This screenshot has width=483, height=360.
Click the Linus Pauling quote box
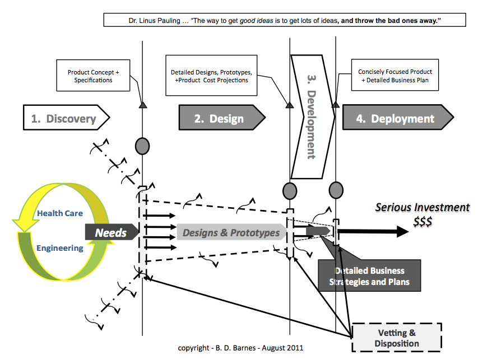tap(277, 21)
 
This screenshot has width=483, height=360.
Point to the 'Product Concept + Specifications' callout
tap(93, 76)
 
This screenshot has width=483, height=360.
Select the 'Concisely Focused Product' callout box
tap(395, 76)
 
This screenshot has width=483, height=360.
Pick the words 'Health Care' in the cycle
tap(60, 213)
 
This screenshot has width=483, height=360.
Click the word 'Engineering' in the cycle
tap(60, 248)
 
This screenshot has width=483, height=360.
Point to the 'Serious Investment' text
tap(422, 208)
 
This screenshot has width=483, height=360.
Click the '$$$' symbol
tap(422, 222)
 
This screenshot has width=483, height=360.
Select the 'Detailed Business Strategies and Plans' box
tap(369, 275)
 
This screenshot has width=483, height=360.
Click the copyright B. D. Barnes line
tap(240, 348)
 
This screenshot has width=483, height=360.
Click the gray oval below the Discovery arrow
tap(142, 146)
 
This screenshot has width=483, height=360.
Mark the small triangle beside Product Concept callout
tap(142, 105)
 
